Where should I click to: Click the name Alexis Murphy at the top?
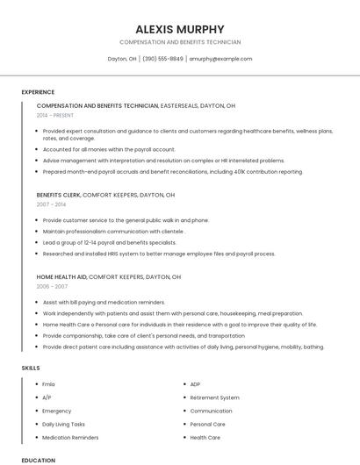(180, 29)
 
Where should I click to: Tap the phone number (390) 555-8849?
(162, 59)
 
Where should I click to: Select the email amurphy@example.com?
(220, 59)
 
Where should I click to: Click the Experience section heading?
(38, 91)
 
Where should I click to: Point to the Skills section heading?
(31, 368)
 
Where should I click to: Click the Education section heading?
(38, 460)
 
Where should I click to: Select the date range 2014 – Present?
(55, 115)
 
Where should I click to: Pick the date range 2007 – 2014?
(51, 204)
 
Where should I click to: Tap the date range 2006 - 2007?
(52, 286)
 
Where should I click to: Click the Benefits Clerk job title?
(59, 195)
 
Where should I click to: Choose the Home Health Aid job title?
(61, 276)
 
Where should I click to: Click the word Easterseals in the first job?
(180, 105)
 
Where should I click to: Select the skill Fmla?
(49, 384)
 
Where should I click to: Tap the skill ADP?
(195, 384)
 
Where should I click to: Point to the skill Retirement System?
(214, 397)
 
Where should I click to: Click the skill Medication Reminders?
(70, 437)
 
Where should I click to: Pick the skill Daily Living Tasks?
(63, 424)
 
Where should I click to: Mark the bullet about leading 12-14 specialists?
(109, 242)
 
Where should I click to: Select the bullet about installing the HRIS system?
(158, 254)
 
